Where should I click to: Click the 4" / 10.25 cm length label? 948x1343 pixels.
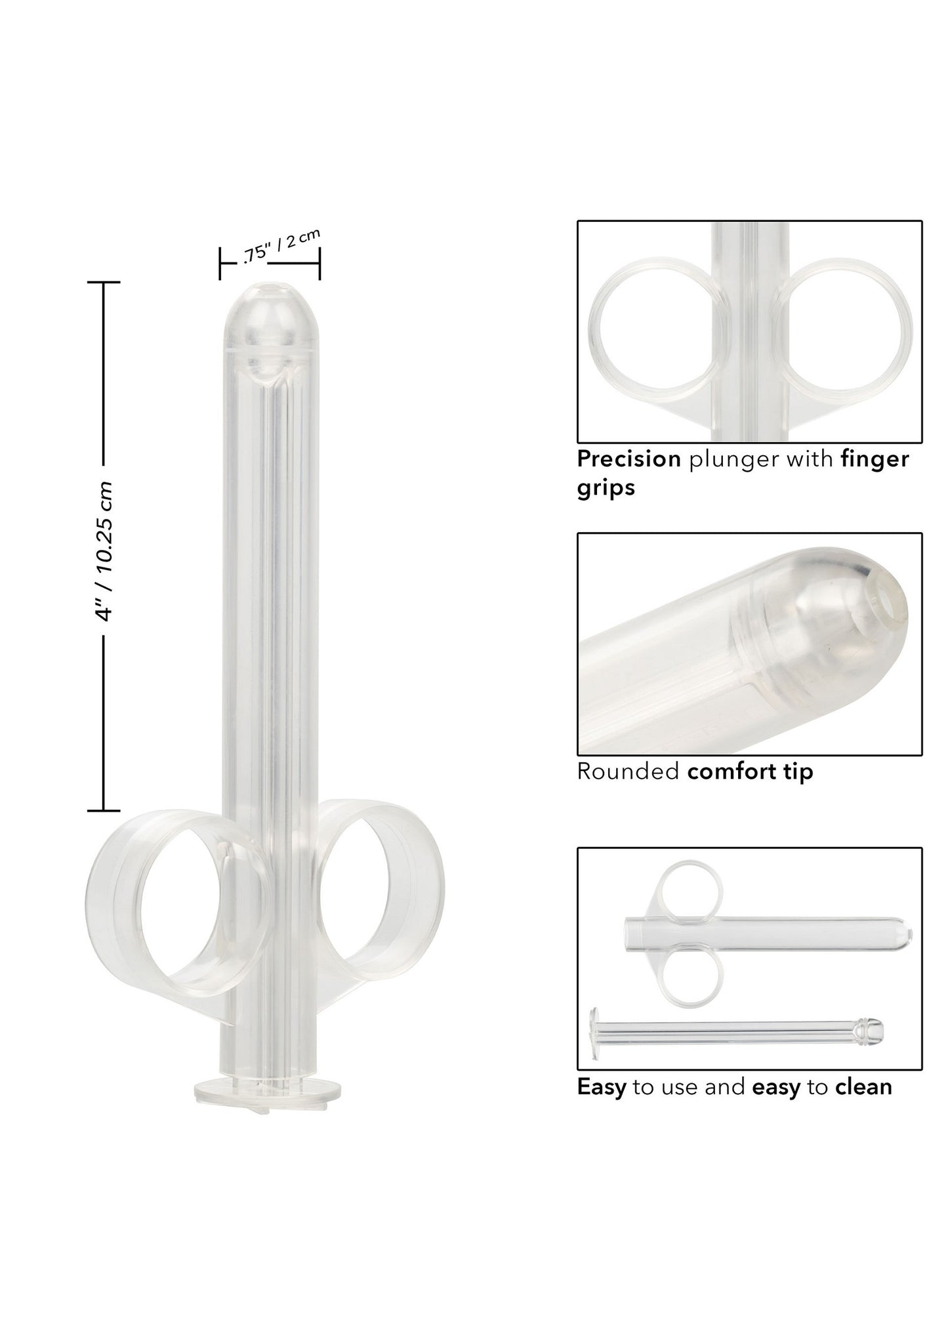pos(104,550)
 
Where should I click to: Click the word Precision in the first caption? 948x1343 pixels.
pos(629,459)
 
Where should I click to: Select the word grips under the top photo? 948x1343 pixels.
pos(606,488)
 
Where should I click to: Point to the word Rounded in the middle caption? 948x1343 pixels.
pos(627,772)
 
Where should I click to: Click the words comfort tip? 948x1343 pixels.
pos(750,772)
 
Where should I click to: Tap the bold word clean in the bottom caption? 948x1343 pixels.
pos(863,1087)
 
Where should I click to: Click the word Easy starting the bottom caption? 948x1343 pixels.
pos(601,1087)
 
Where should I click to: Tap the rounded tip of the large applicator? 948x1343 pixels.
pos(270,308)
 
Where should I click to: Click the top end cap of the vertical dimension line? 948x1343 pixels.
pos(104,282)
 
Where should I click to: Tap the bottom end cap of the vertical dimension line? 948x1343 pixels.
pos(104,811)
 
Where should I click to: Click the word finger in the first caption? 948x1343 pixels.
pos(875,459)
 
